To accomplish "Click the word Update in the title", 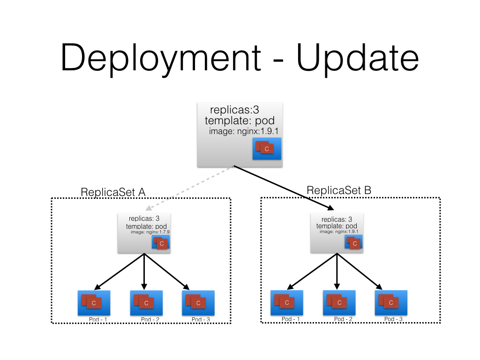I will pos(358,57).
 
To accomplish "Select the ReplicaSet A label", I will pos(113,192).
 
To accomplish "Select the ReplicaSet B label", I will pos(339,190).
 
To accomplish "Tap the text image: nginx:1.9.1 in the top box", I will pos(244,131).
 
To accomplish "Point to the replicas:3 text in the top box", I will pos(234,110).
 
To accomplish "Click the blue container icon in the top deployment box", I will pos(266,149).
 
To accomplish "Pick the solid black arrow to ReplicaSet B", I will pos(284,187).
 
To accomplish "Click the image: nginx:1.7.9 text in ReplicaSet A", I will pos(150,232).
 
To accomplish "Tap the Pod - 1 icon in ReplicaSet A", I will pos(94,303).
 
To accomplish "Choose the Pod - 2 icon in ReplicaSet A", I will pos(146,303).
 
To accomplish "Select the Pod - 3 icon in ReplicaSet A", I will pos(198,303).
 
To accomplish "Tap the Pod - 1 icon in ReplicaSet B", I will pos(287,302).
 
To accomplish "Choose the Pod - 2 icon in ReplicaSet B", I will pos(339,302).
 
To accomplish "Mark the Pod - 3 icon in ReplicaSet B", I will pos(391,302).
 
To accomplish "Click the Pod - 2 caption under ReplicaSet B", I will pos(343,319).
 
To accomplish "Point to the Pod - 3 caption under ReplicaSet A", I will pos(201,320).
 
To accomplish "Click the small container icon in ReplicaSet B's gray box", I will pos(353,242).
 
